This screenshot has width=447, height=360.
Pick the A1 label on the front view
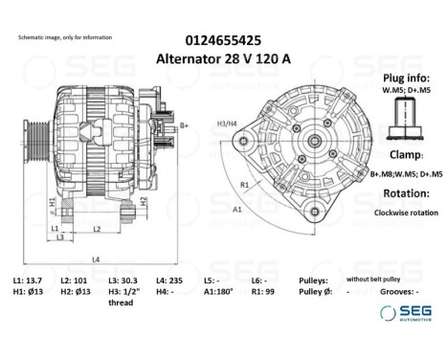click(x=236, y=208)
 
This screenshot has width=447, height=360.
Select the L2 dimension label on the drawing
click(x=98, y=229)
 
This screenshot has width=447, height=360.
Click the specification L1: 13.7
click(x=28, y=280)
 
